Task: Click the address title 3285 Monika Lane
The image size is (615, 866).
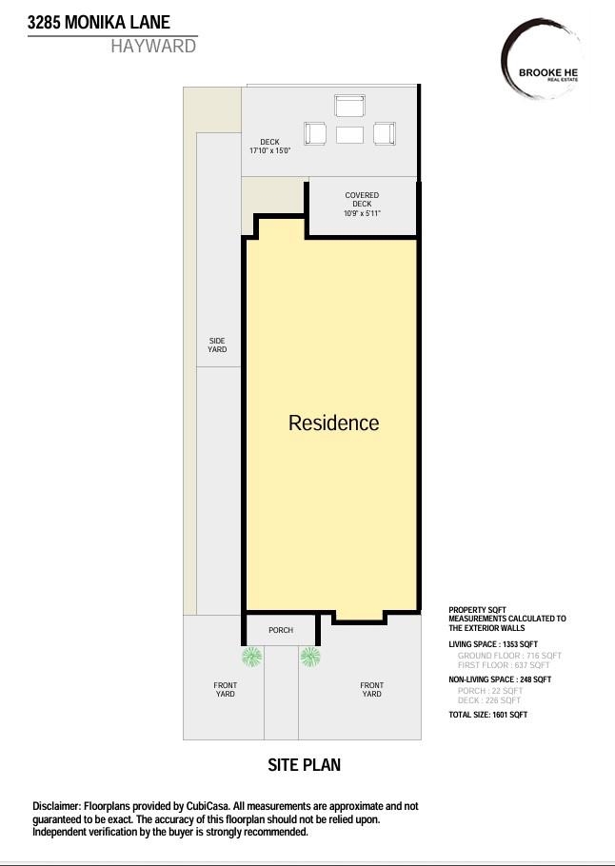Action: click(x=99, y=22)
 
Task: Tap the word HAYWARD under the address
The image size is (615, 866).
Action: click(x=153, y=47)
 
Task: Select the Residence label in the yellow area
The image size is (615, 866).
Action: click(x=333, y=423)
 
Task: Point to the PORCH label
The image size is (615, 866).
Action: click(x=281, y=630)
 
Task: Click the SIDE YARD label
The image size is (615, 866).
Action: click(x=217, y=345)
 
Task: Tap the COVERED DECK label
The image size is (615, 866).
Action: click(x=362, y=200)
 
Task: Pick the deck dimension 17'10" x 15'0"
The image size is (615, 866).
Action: click(x=269, y=151)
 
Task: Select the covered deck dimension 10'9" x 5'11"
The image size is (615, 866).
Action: click(x=362, y=213)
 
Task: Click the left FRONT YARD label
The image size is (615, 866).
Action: click(x=225, y=690)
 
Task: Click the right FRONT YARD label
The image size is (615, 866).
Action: click(x=371, y=690)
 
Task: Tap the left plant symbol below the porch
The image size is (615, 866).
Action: click(x=251, y=656)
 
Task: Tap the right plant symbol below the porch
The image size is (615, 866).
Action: click(x=309, y=656)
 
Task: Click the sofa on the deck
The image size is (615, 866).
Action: click(x=349, y=106)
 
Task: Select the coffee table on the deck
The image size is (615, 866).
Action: click(x=349, y=135)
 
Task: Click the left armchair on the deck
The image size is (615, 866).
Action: click(x=315, y=134)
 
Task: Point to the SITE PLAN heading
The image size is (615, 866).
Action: click(x=304, y=765)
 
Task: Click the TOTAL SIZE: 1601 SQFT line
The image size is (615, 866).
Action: click(x=487, y=715)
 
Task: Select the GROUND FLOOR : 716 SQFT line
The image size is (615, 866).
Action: click(x=509, y=656)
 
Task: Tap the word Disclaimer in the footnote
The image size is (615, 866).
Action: click(x=56, y=806)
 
